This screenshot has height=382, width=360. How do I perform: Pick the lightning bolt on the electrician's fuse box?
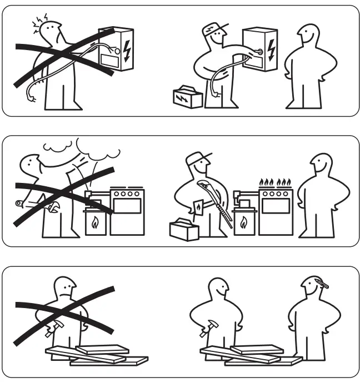271,48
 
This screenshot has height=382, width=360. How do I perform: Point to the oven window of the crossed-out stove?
127,206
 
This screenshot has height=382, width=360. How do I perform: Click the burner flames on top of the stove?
276,182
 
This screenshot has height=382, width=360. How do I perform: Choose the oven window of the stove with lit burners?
276,206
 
